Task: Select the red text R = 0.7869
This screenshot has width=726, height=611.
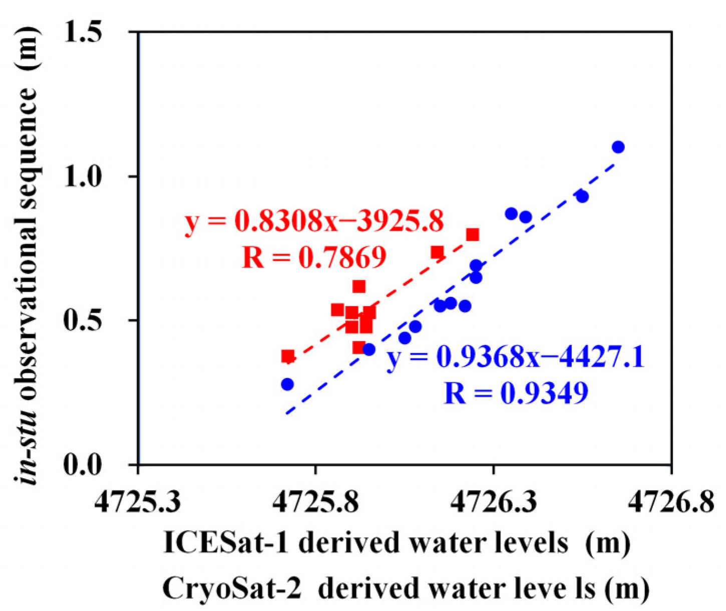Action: [314, 257]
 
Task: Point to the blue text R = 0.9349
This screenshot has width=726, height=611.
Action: [516, 394]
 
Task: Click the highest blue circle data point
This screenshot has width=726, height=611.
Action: [618, 147]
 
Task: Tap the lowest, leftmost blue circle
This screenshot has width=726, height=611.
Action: [287, 384]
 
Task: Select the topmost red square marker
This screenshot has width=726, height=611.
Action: [472, 234]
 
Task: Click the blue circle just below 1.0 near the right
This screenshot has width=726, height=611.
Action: [582, 196]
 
